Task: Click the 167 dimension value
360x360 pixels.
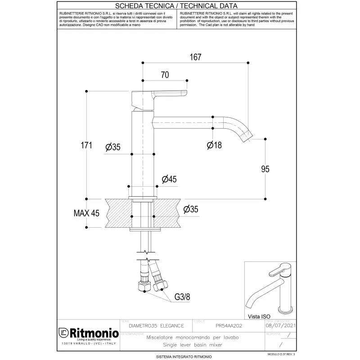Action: pos(195,57)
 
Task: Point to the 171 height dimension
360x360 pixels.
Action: pos(86,145)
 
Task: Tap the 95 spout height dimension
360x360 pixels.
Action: pos(265,169)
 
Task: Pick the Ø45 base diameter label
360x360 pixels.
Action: pos(169,179)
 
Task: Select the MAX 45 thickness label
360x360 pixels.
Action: pos(86,213)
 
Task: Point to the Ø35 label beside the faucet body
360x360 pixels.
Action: pos(113,147)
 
